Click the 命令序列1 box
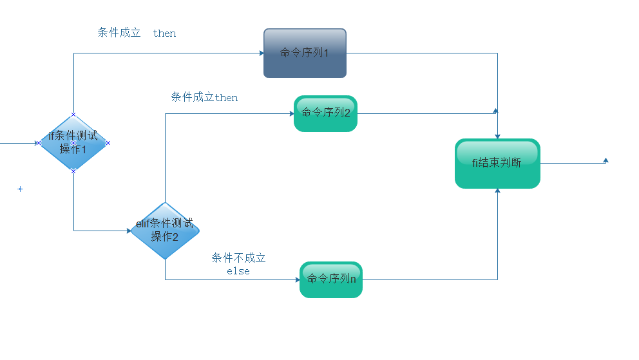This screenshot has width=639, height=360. pos(305,53)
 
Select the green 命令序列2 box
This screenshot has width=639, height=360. pos(325,113)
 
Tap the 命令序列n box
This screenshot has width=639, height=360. pos(331,279)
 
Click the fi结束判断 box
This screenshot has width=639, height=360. pos(497,164)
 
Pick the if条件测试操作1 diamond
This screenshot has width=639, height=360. pos(73,143)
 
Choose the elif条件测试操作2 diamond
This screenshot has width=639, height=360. pos(165,231)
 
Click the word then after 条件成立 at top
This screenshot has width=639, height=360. pos(165,33)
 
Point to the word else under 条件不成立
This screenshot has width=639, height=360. pos(238,272)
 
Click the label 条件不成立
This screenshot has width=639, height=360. pos(238,258)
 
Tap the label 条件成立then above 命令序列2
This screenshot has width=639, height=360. pos(204,97)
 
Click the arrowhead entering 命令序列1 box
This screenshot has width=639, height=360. pos(261,53)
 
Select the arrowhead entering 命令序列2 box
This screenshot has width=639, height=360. pos(291,113)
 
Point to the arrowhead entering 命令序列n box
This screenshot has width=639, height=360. pos(297,279)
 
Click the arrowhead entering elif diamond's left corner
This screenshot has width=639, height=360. pos(128,231)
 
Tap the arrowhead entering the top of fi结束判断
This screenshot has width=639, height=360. pos(497,136)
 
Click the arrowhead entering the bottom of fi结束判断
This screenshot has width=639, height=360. pos(497,191)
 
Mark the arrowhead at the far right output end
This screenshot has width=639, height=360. pos(606,160)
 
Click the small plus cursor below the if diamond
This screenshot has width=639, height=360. pos(20,189)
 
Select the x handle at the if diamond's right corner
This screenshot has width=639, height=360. pos(108,143)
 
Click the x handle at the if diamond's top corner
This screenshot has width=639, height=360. pos(73,115)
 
